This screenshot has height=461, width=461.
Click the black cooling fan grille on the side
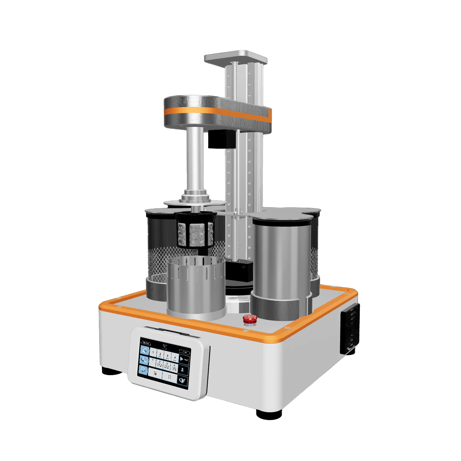[350, 329]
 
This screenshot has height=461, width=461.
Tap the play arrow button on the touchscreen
[184, 359]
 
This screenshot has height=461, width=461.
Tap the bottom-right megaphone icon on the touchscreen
[183, 380]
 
